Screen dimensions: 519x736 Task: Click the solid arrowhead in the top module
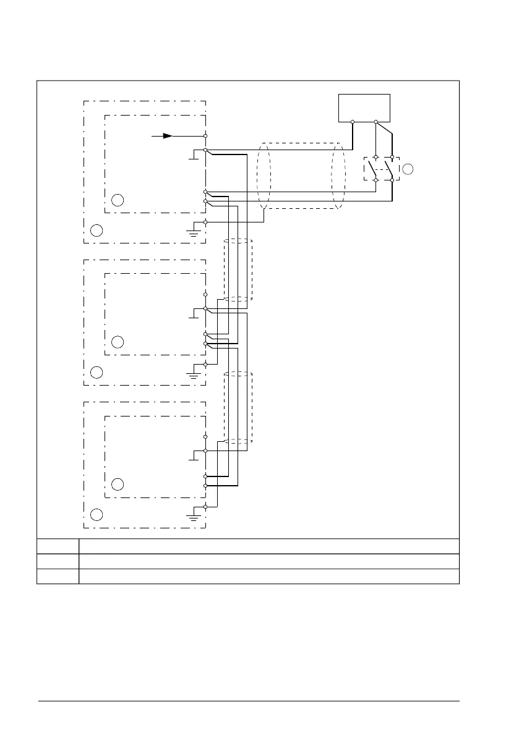(168, 135)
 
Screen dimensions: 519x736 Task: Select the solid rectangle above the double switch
(364, 108)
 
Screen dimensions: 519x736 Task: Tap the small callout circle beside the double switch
(408, 168)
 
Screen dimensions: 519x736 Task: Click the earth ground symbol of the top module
(194, 233)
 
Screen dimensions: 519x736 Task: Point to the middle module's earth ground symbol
(194, 375)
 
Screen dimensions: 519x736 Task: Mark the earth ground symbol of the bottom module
(194, 517)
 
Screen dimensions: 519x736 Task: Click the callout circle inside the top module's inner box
(118, 200)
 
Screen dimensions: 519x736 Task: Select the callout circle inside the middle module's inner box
(118, 342)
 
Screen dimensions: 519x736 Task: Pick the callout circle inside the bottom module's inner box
(118, 484)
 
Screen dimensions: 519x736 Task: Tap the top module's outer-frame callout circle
(96, 231)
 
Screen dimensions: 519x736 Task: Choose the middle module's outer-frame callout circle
(96, 372)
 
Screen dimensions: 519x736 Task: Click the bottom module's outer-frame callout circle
(96, 514)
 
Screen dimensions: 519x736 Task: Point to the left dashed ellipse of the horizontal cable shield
(264, 176)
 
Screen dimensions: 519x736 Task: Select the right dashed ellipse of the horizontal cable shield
(338, 176)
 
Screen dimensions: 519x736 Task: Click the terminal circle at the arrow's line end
(205, 135)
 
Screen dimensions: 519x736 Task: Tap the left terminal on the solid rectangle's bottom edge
(352, 121)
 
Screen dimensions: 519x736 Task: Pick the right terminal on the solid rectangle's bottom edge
(375, 121)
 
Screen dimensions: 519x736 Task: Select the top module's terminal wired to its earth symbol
(205, 221)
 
